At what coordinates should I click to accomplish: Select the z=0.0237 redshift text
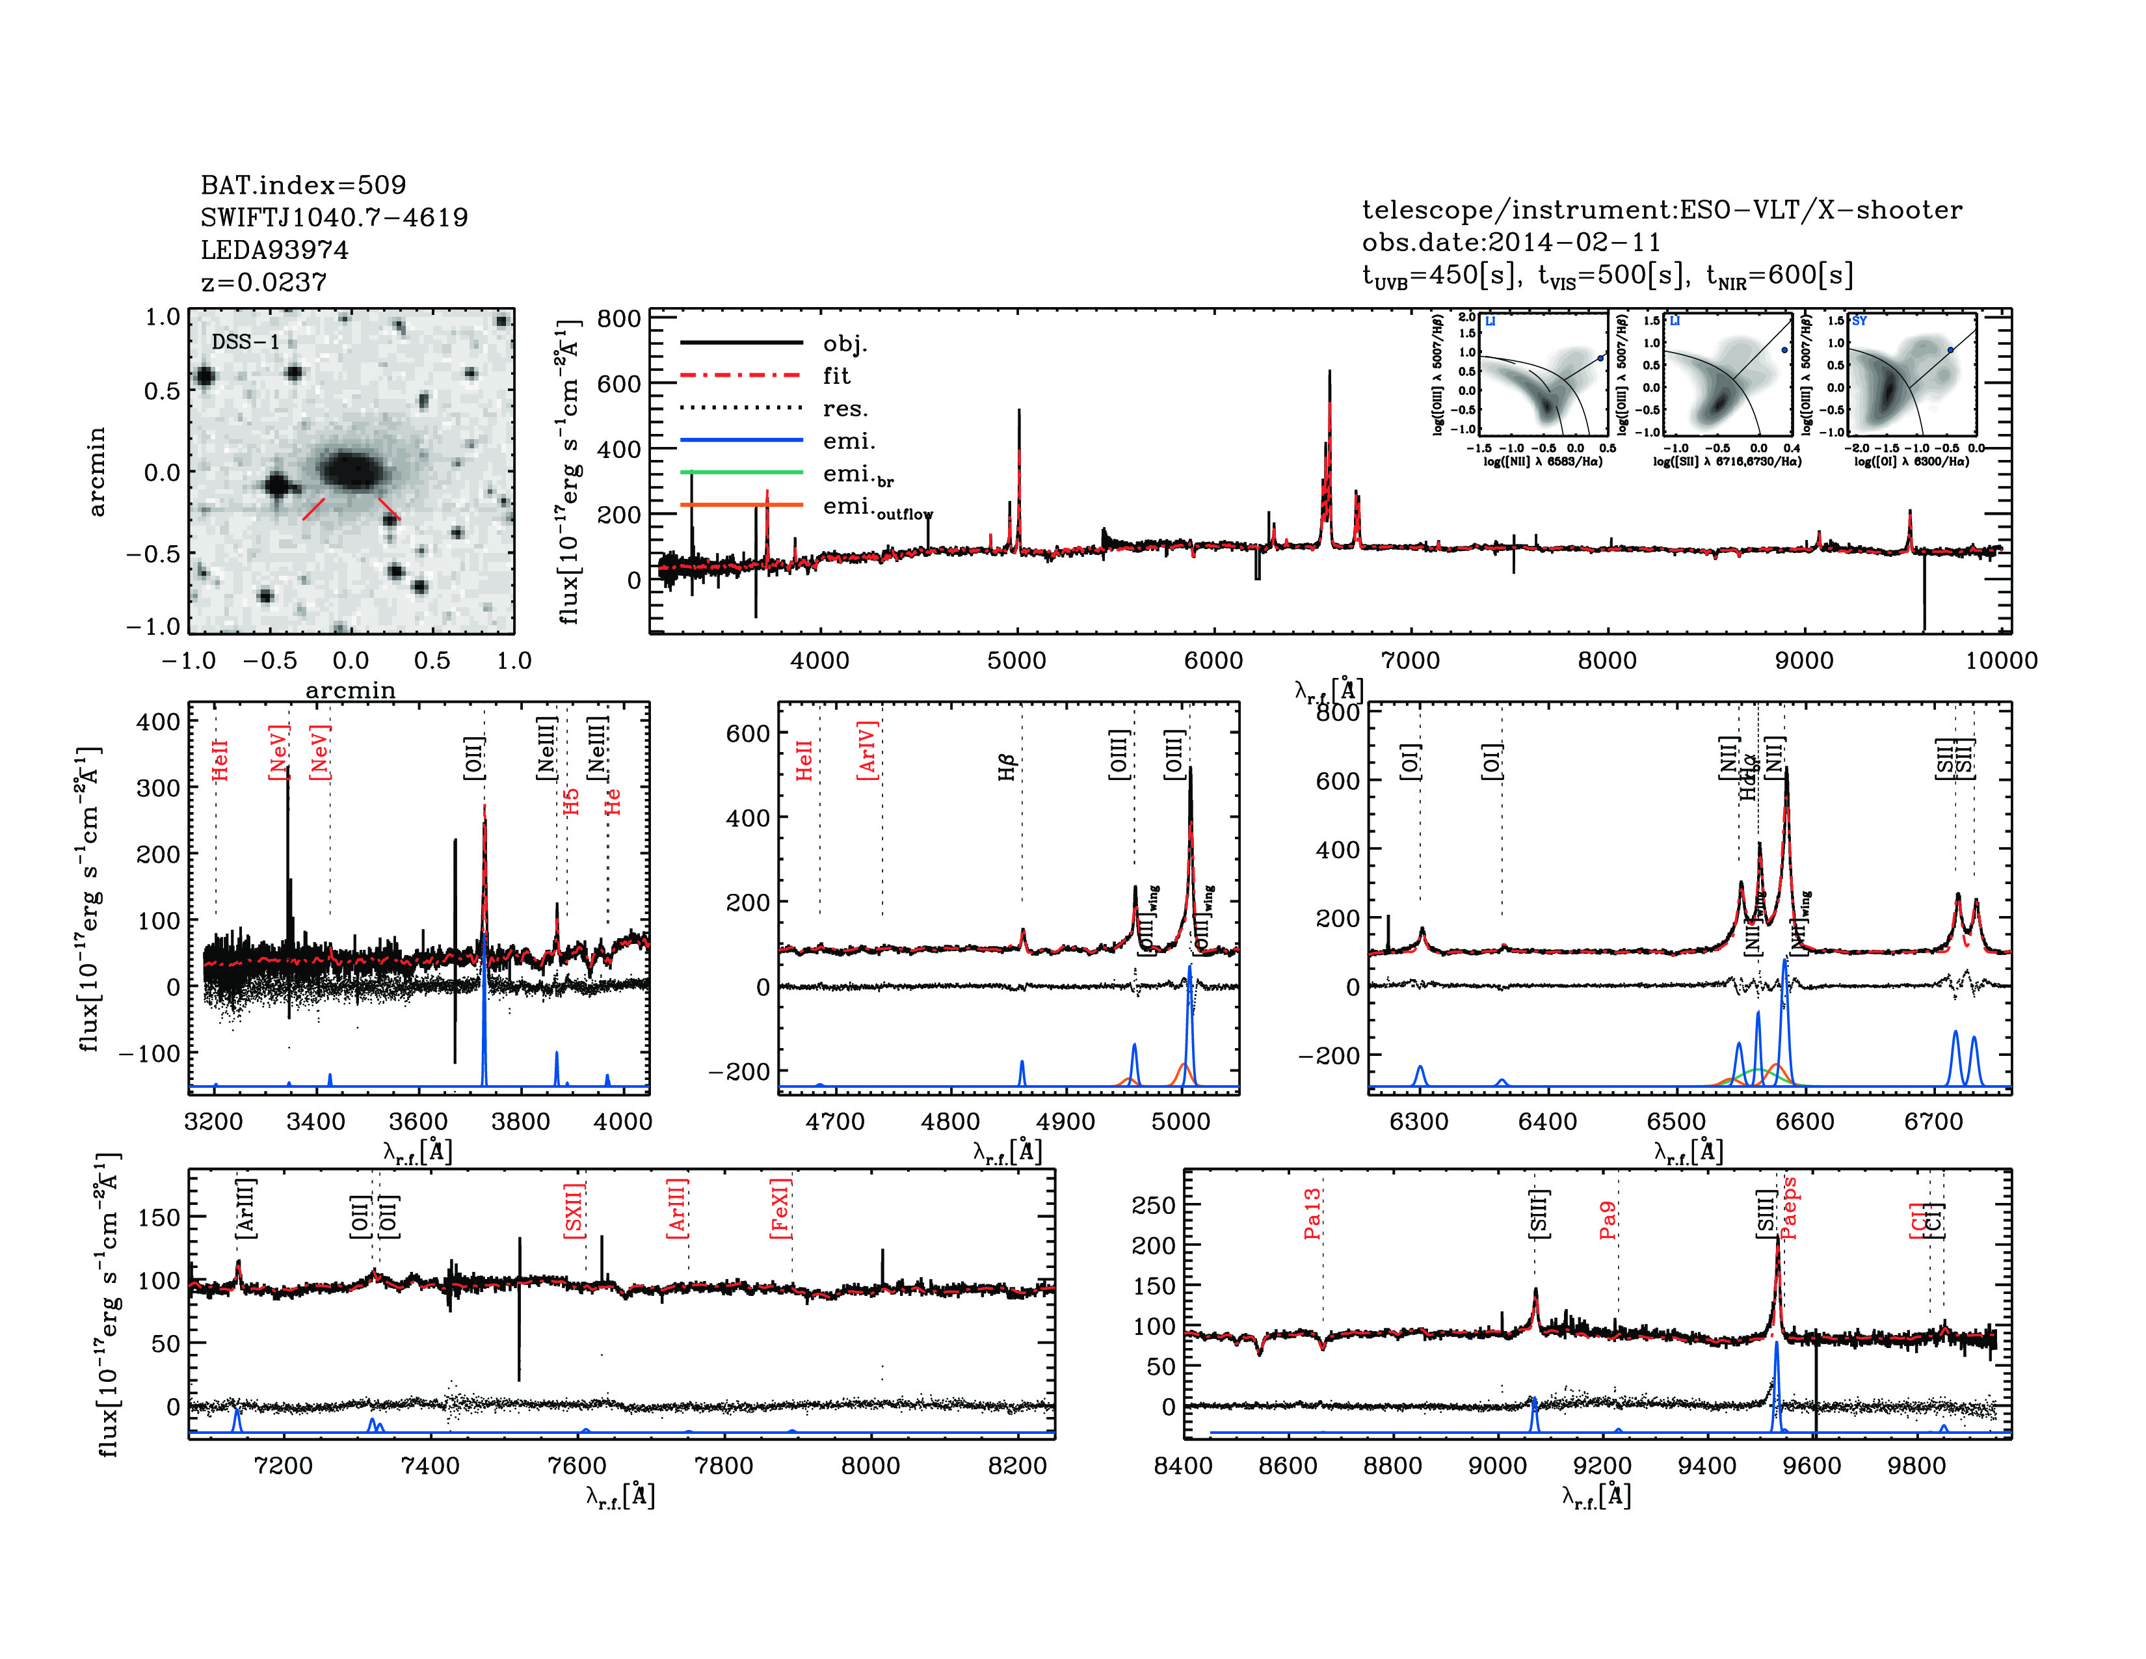pyautogui.click(x=263, y=282)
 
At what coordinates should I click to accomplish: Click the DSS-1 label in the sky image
pyautogui.click(x=246, y=342)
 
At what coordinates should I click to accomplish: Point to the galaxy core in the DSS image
pyautogui.click(x=351, y=470)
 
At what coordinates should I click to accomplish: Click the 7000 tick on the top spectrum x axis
pyautogui.click(x=1410, y=660)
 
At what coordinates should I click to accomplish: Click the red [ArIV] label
pyautogui.click(x=867, y=751)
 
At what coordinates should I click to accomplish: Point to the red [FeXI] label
pyautogui.click(x=780, y=1208)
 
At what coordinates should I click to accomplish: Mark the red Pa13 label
pyautogui.click(x=1312, y=1214)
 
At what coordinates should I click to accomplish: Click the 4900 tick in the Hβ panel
pyautogui.click(x=1065, y=1122)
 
